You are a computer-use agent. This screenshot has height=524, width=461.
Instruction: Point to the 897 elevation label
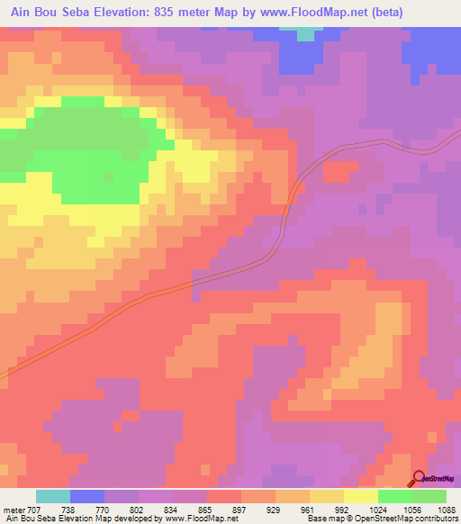tap(240, 509)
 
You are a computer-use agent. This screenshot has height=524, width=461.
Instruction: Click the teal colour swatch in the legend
tap(53, 496)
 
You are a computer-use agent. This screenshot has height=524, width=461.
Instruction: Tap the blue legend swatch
tap(87, 496)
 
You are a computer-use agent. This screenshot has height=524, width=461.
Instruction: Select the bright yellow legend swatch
tap(360, 496)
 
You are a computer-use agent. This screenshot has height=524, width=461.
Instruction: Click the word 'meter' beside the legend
tap(14, 509)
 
